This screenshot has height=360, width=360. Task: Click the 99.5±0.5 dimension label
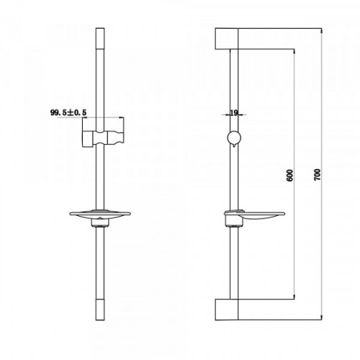(68, 112)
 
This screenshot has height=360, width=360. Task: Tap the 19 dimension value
(234, 113)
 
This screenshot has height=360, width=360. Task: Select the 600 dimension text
(290, 175)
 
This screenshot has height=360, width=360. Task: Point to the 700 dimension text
(318, 174)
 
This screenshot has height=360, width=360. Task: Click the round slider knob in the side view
(234, 138)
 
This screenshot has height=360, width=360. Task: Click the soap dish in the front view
(100, 215)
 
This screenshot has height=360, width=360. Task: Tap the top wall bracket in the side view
(227, 39)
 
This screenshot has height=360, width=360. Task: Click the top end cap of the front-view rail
(100, 38)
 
